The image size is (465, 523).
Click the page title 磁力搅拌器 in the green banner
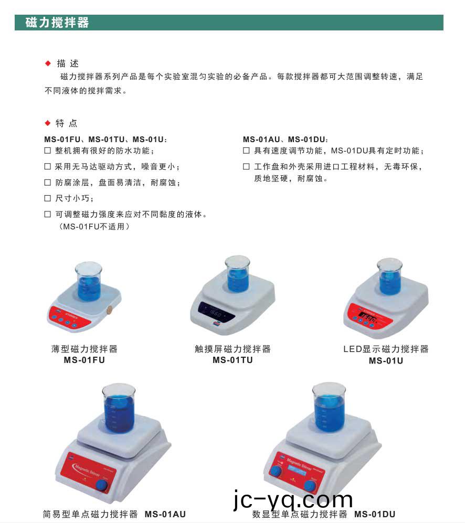pos(57,23)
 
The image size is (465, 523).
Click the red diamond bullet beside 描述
pos(48,63)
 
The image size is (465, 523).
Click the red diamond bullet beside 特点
pos(48,123)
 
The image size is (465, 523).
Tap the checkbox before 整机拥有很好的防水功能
pos(48,151)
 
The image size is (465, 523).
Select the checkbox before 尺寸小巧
pos(48,198)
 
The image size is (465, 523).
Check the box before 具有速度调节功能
pos(246,151)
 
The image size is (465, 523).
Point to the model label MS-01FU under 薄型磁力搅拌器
pos(84,360)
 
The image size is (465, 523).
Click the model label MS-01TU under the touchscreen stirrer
pos(232,360)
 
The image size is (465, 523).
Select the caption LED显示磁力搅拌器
pos(386,349)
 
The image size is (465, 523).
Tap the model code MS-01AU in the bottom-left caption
pos(165,514)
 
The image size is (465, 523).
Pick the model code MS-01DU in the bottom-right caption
pos(375,514)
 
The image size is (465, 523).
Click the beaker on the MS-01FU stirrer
pos(88,282)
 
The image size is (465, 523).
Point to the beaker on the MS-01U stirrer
pos(389,276)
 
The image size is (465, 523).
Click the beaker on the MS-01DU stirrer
pos(329,407)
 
